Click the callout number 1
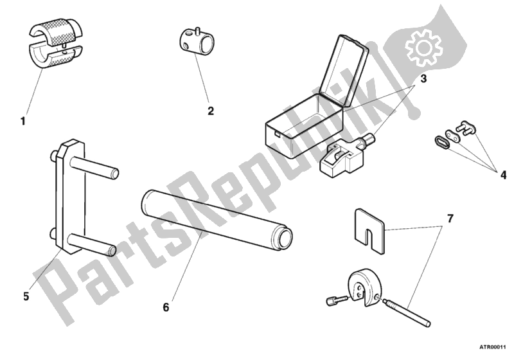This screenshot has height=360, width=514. tap(23, 122)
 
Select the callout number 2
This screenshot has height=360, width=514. tap(211, 111)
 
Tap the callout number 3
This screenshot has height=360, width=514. tap(423, 78)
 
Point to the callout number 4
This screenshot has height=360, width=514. tap(503, 175)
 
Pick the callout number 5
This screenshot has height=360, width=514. tap(26, 296)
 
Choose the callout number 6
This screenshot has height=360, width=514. tap(166, 307)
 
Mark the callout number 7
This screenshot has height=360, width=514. tap(450, 219)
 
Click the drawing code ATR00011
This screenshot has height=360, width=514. tap(493, 347)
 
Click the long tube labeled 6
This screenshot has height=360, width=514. tap(217, 221)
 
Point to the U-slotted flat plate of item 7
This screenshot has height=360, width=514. tap(369, 231)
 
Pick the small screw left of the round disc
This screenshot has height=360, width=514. tap(337, 300)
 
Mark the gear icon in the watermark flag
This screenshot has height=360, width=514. tap(423, 48)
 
